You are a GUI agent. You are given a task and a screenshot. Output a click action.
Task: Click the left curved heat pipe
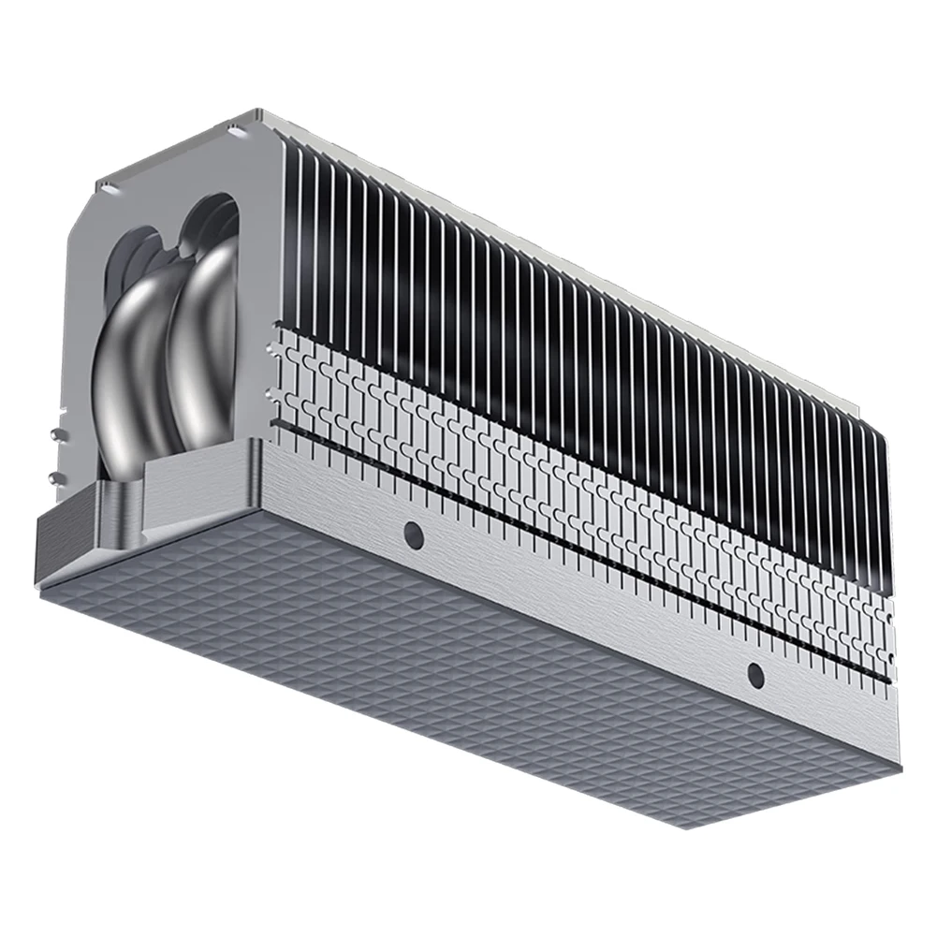tap(131, 374)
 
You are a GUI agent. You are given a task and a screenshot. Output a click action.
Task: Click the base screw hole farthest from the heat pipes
tap(755, 674)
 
